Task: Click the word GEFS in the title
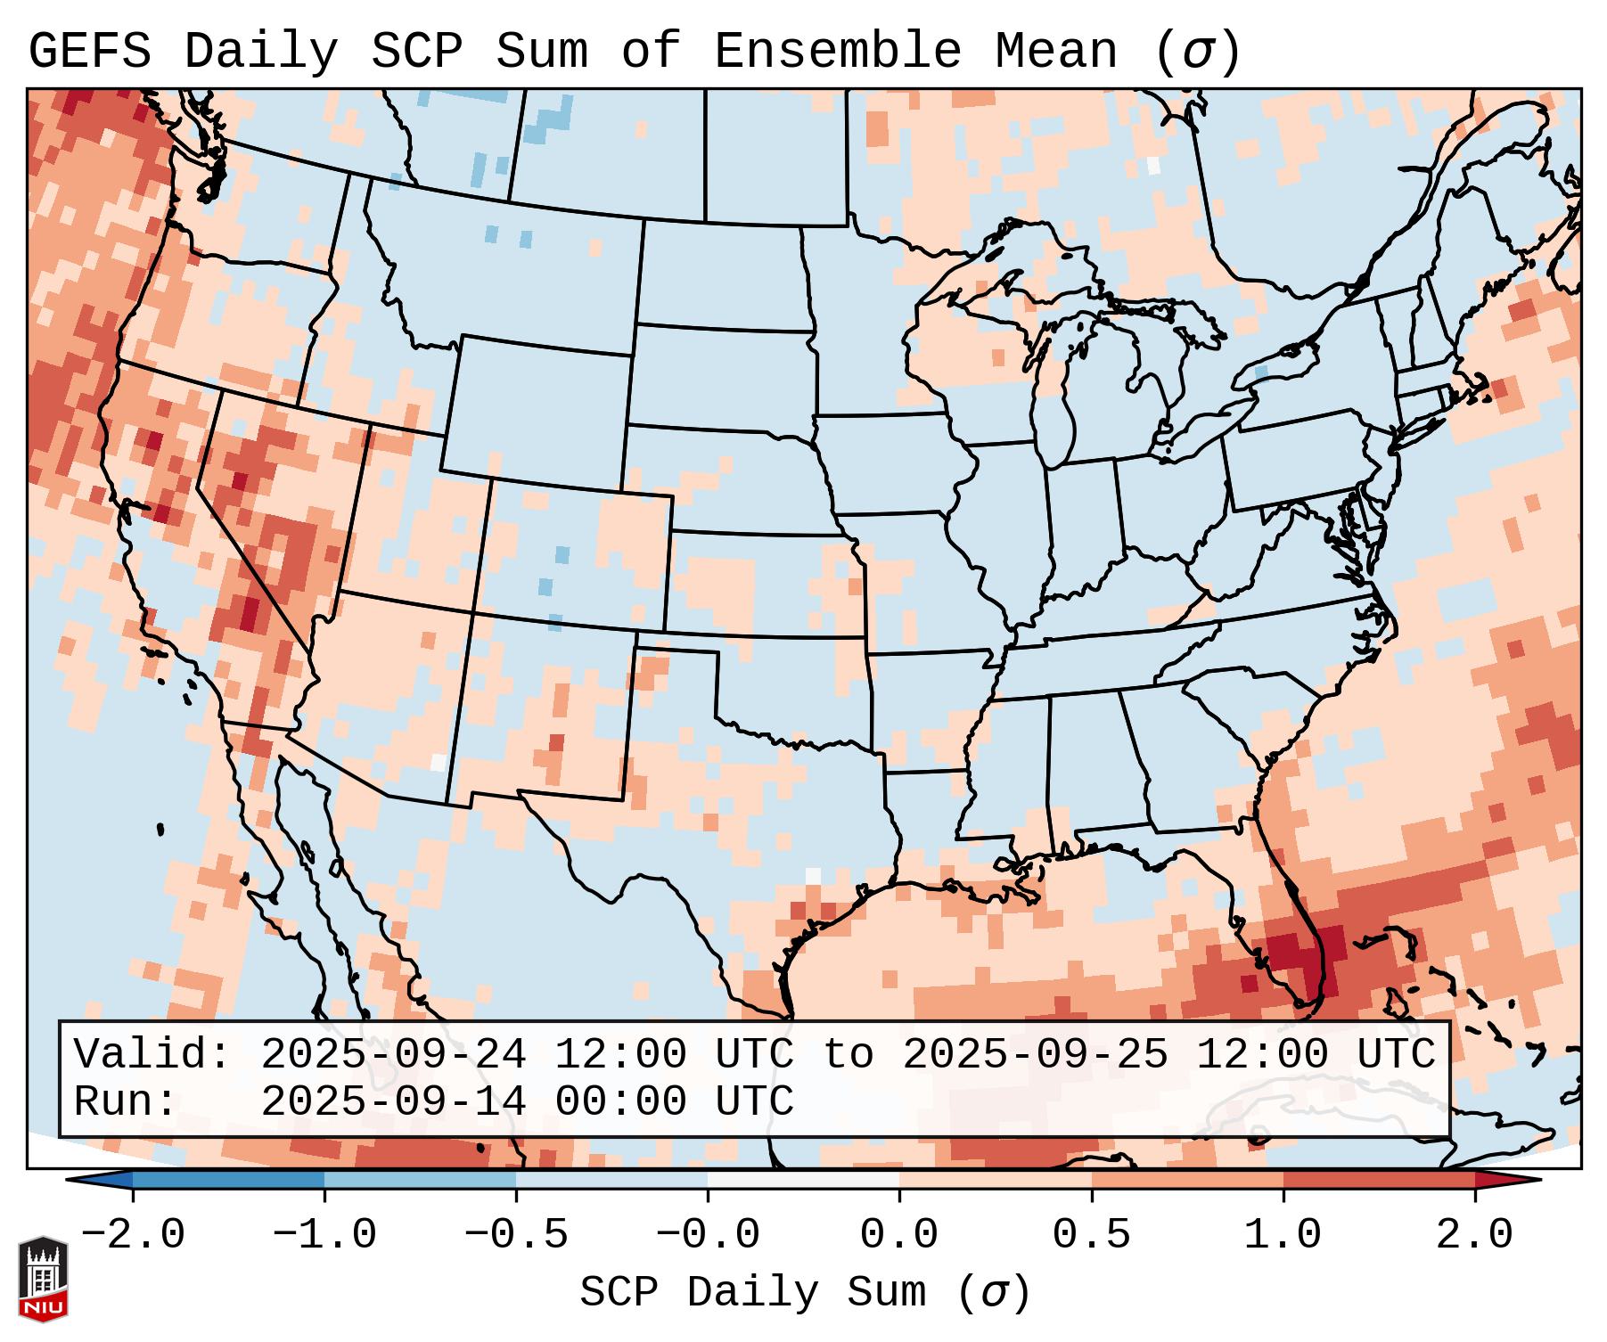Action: point(90,51)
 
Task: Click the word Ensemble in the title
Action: point(838,51)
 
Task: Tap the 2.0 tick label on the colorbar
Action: point(1474,1235)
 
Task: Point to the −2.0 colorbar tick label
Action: point(133,1235)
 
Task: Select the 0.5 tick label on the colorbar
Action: point(1091,1235)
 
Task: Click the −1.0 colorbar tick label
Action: point(324,1235)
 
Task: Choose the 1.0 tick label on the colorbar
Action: point(1283,1235)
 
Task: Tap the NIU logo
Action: point(43,1278)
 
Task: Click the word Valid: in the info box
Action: point(152,1054)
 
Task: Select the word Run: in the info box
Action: point(126,1101)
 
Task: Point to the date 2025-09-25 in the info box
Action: point(1035,1054)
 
